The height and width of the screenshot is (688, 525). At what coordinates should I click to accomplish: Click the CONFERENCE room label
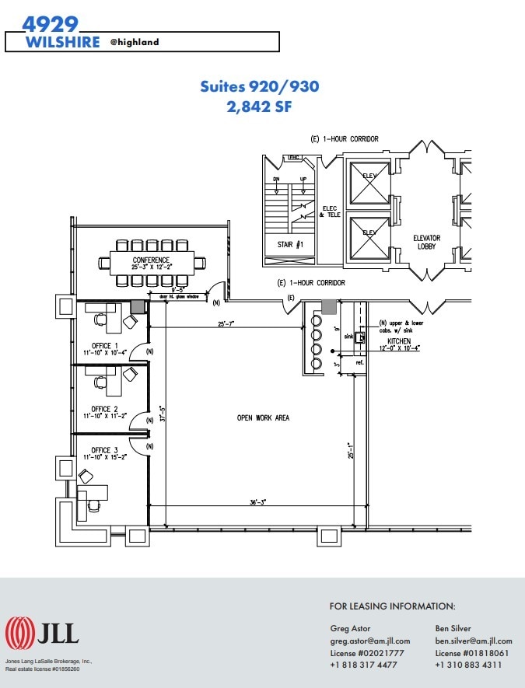(x=151, y=260)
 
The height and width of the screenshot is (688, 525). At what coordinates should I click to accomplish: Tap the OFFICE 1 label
(x=104, y=345)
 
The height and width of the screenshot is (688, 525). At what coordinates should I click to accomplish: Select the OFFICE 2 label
(x=104, y=409)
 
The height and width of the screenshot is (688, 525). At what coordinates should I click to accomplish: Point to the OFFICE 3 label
(x=104, y=450)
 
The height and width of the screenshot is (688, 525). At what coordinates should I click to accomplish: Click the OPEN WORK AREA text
(x=263, y=418)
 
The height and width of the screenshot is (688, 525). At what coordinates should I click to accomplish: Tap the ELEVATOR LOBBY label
(x=426, y=243)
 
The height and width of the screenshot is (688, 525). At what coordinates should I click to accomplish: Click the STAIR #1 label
(x=289, y=244)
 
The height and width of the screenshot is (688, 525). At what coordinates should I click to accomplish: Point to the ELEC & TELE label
(x=328, y=211)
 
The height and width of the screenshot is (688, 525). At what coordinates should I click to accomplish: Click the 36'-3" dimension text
(x=258, y=502)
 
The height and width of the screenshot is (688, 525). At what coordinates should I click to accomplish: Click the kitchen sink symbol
(x=361, y=338)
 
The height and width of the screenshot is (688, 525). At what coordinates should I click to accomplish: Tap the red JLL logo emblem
(x=19, y=633)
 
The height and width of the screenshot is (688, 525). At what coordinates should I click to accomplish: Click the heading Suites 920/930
(x=259, y=86)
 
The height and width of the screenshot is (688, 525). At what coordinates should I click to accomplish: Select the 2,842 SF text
(x=259, y=107)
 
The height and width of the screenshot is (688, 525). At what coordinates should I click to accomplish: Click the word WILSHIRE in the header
(x=63, y=42)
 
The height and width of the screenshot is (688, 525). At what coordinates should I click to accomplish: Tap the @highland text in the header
(x=134, y=42)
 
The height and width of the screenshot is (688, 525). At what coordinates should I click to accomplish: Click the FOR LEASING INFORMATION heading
(x=392, y=606)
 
